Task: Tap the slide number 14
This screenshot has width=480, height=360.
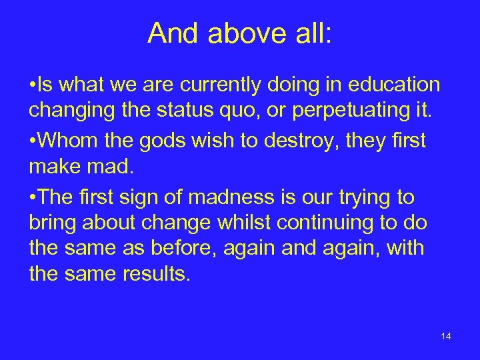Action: pyautogui.click(x=446, y=336)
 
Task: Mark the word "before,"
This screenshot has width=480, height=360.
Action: pyautogui.click(x=189, y=249)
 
